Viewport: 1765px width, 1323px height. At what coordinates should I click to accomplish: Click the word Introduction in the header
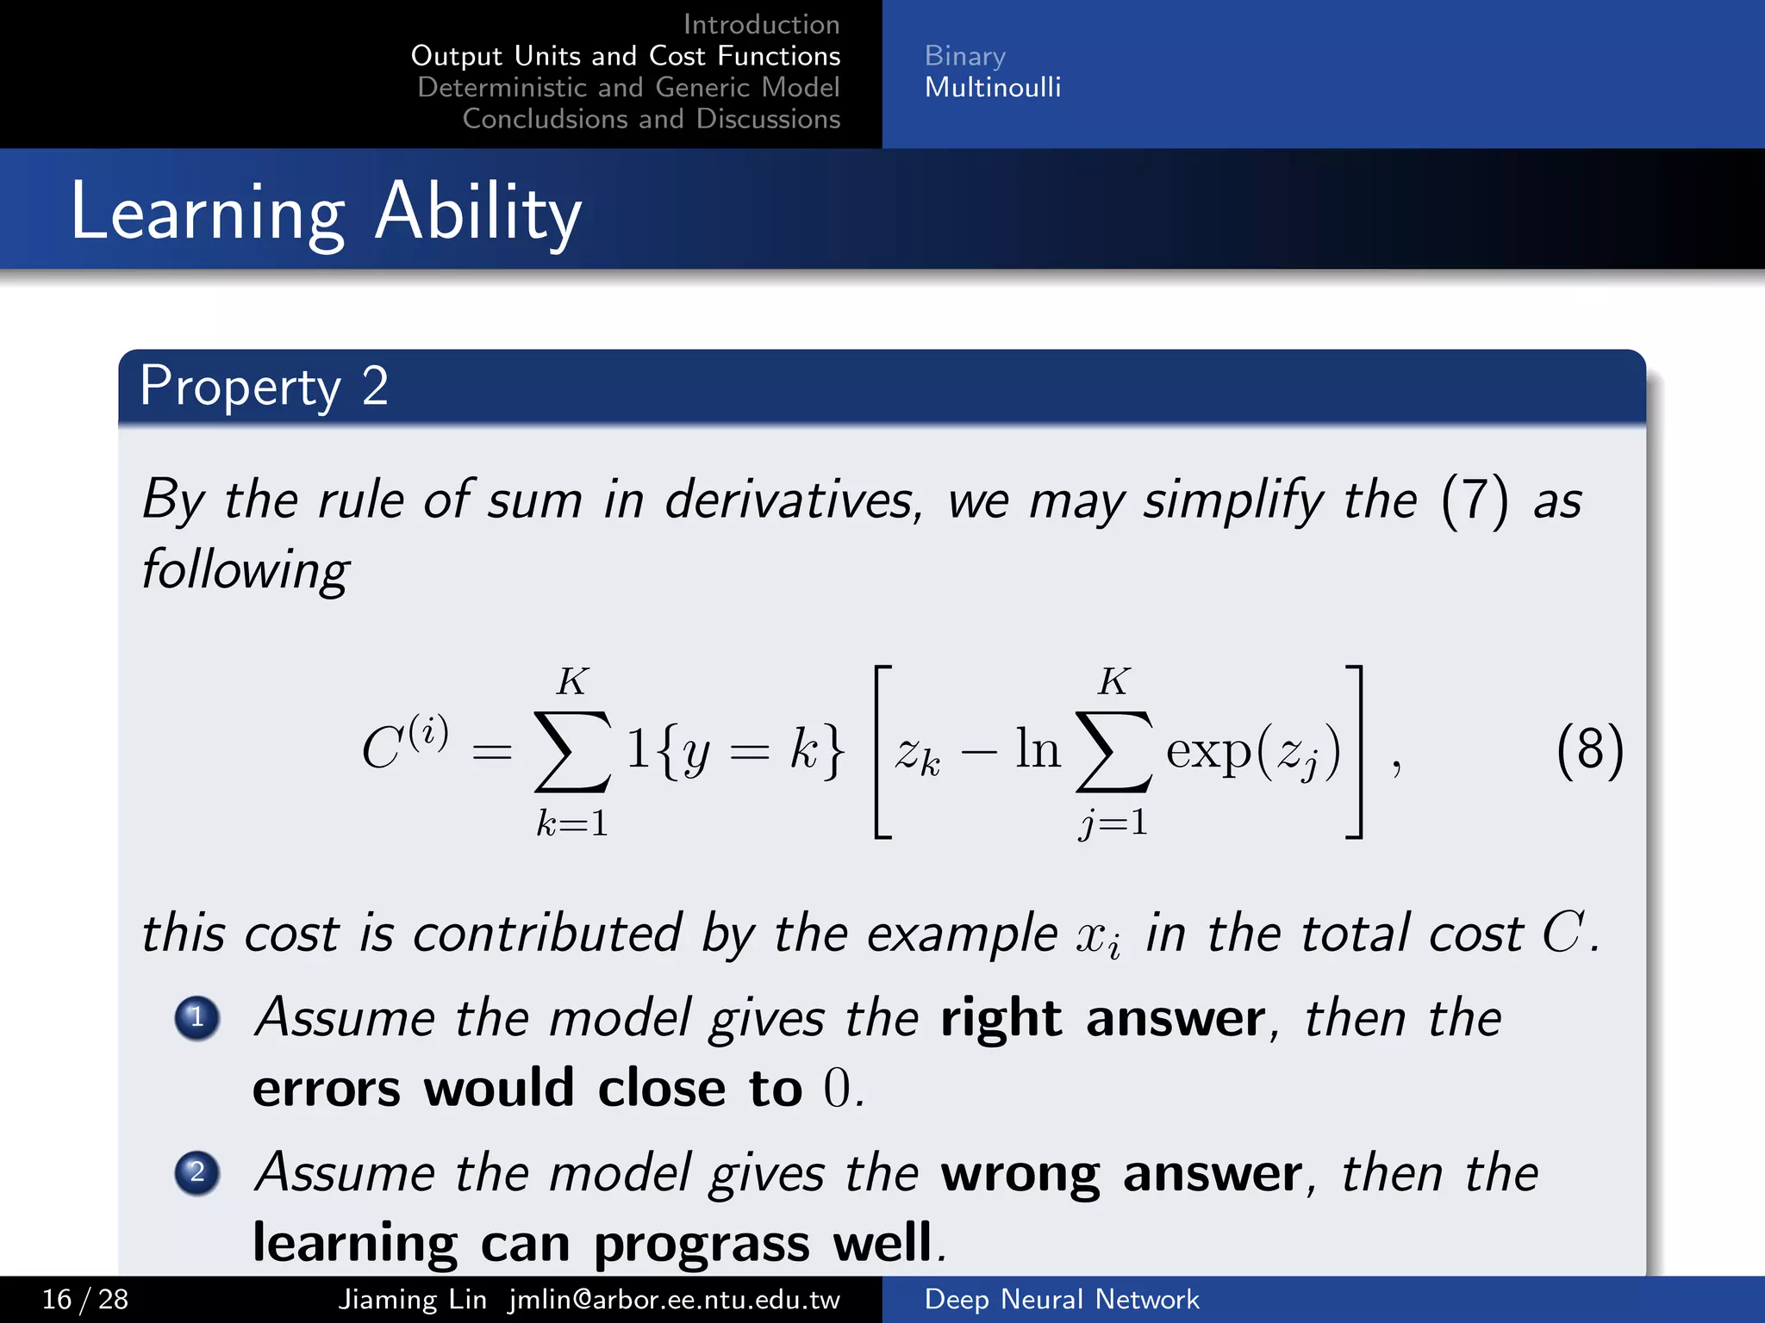(x=761, y=24)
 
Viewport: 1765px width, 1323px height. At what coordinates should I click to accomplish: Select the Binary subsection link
(x=964, y=56)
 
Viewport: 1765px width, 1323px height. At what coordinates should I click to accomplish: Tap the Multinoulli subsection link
(x=992, y=88)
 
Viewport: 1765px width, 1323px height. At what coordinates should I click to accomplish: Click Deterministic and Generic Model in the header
(x=628, y=88)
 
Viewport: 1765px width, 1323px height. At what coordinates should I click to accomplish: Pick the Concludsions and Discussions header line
(x=651, y=119)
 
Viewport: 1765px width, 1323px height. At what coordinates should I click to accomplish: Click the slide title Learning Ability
(x=326, y=212)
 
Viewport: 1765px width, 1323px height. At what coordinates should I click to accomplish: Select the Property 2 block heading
(x=264, y=386)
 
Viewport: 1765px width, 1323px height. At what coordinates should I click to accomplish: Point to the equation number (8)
(x=1589, y=749)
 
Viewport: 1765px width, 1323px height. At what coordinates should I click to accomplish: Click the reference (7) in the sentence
(x=1474, y=500)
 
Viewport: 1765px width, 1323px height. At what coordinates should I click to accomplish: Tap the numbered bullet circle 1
(x=197, y=1018)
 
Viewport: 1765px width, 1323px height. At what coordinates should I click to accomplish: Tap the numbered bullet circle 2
(x=197, y=1172)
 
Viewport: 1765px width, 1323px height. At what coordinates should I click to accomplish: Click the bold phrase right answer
(x=1103, y=1019)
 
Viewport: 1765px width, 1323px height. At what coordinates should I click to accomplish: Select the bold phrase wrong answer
(x=1121, y=1174)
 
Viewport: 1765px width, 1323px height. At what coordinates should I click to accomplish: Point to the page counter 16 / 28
(x=85, y=1299)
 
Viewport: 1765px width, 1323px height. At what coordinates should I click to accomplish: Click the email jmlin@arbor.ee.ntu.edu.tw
(x=674, y=1299)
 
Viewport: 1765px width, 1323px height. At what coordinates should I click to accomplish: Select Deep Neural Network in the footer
(x=1061, y=1299)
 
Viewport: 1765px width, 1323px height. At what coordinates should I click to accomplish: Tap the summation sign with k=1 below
(x=572, y=751)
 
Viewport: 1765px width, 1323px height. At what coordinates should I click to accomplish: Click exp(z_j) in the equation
(x=1253, y=751)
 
